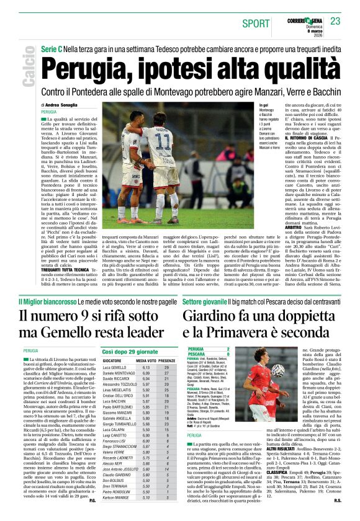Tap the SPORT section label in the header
tap(256, 24)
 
